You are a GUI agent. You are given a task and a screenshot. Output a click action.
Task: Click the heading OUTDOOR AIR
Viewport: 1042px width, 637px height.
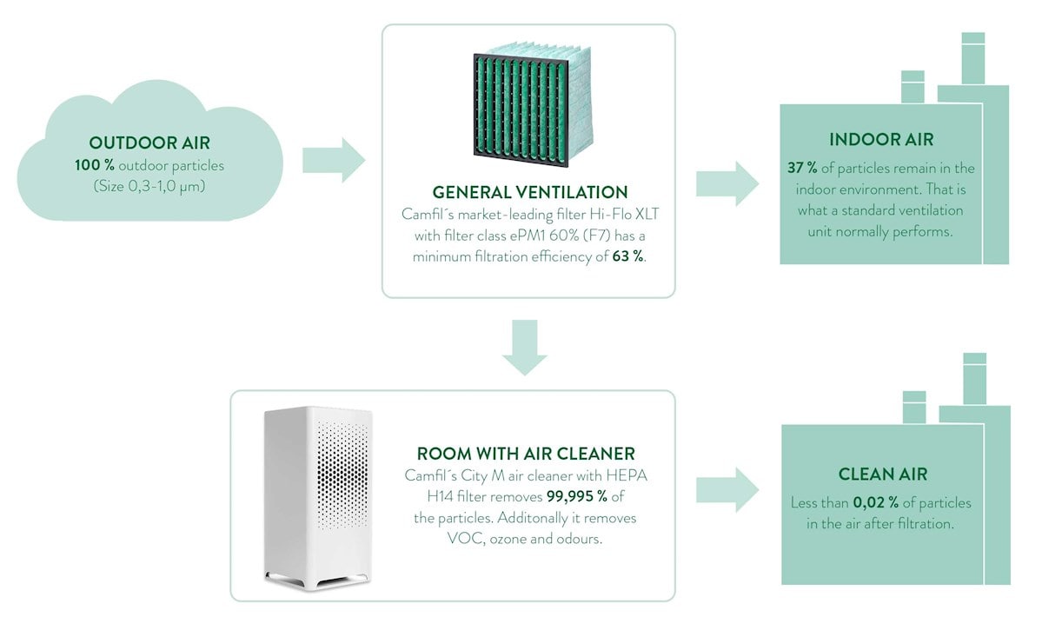149,143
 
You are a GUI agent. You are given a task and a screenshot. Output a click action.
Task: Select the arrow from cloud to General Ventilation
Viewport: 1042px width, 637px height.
334,160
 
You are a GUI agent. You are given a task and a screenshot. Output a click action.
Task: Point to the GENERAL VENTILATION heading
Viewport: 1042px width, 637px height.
529,192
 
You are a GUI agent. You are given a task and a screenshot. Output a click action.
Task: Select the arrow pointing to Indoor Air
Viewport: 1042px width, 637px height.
727,183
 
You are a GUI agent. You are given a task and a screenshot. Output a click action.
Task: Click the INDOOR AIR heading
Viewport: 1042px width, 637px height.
881,140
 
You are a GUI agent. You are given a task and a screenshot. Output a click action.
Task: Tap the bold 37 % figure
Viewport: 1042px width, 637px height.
801,168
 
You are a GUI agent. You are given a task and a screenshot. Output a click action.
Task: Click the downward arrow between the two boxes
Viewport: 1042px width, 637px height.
525,347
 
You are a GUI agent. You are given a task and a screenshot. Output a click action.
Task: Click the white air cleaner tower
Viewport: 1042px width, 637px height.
318,495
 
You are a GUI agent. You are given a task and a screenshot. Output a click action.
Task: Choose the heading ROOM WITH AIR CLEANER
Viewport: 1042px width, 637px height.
526,454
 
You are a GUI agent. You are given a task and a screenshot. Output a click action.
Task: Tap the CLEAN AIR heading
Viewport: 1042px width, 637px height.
882,474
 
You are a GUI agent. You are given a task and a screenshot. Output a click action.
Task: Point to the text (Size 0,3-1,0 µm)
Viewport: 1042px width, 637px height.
149,186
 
